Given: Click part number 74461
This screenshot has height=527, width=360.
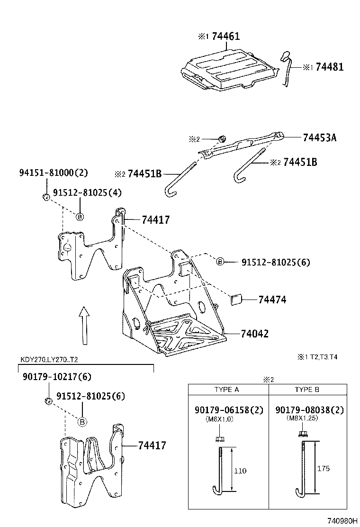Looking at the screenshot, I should point(225,36).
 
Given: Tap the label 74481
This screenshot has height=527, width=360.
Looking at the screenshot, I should point(329,67).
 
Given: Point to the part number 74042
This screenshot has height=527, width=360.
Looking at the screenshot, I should point(255,334).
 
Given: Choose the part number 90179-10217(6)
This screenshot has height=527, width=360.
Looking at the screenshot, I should point(57,377).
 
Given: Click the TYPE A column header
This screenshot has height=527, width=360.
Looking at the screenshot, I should point(226,390).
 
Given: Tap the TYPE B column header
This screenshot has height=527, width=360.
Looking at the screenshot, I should point(306,390).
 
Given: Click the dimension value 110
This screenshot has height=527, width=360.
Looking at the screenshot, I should point(240,471).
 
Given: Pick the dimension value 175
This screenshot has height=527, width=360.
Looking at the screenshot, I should point(323,469).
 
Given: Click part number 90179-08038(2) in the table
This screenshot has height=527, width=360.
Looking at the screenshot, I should point(309,410).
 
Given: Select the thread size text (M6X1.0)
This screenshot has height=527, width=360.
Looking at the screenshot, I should point(219,419).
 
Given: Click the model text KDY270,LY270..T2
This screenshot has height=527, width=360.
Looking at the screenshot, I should point(49,359).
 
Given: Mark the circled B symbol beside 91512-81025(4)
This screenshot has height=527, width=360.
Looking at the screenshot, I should point(80,217).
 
